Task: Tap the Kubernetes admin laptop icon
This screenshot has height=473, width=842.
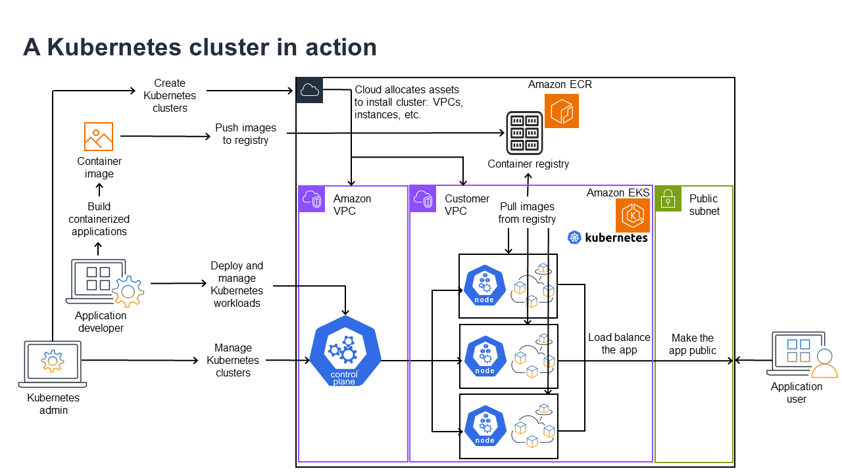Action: point(52,364)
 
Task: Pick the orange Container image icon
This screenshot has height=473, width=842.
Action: point(99,137)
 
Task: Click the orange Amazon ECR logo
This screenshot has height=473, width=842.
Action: point(561,110)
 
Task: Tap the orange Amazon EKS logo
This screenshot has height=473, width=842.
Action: point(632,215)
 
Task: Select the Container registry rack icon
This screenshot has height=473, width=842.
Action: point(524,132)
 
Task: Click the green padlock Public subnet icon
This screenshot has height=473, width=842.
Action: point(668,198)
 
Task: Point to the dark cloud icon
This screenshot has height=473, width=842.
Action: point(310,91)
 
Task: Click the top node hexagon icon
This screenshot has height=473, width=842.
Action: point(485,286)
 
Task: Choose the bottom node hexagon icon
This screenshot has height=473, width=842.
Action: point(485,426)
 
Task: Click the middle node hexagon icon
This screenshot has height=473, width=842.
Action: point(485,355)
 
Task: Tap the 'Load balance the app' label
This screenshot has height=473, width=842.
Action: point(619,344)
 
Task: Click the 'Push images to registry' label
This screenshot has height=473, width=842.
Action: point(245,134)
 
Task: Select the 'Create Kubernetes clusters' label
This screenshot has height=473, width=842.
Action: point(170,95)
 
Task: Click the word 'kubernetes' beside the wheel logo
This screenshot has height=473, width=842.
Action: point(616,238)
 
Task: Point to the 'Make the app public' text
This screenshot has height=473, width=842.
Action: point(692,344)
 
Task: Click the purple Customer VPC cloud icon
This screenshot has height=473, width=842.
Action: point(423,198)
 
